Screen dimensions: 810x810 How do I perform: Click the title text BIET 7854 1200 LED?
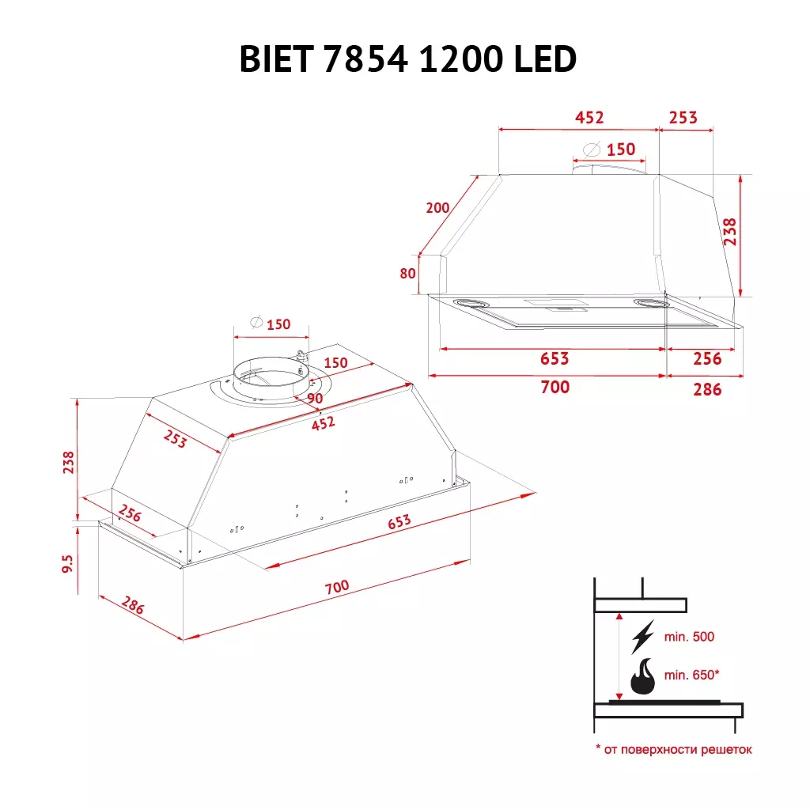coord(407,59)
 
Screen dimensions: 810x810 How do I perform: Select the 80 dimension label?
coord(407,274)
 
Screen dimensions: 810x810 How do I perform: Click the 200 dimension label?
coord(437,208)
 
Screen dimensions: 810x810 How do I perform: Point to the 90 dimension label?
coord(315,399)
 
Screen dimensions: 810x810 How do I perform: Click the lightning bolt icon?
coord(642,636)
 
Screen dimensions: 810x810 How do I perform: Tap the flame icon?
coord(642,676)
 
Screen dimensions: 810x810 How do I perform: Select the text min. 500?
coord(690,637)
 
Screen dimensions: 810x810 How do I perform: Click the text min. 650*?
coord(692,675)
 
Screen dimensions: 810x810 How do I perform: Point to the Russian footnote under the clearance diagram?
coord(673,749)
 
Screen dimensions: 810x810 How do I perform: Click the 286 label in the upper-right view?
coord(706,388)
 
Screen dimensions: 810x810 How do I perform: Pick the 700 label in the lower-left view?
coord(336,587)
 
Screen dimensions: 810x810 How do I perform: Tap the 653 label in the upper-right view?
coord(554,358)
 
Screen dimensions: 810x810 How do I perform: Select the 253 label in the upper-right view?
coord(683,118)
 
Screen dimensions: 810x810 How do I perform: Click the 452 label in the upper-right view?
coord(589,118)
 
